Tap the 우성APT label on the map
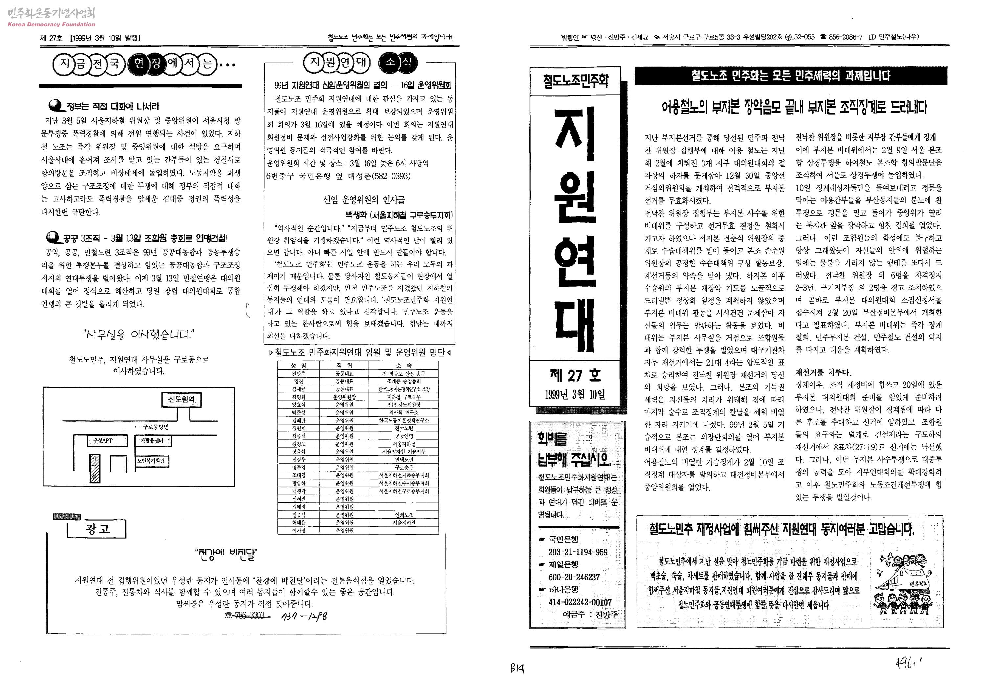coord(103,440)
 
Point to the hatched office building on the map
coord(95,469)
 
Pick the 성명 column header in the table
coord(299,365)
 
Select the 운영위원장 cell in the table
coord(344,397)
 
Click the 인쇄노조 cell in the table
coord(404,515)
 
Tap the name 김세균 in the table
coord(299,389)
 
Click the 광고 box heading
coord(97,529)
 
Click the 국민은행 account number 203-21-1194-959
coord(578,552)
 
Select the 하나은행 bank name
coord(564,590)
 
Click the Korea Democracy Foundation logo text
coord(51,24)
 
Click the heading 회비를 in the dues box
coord(552,439)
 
